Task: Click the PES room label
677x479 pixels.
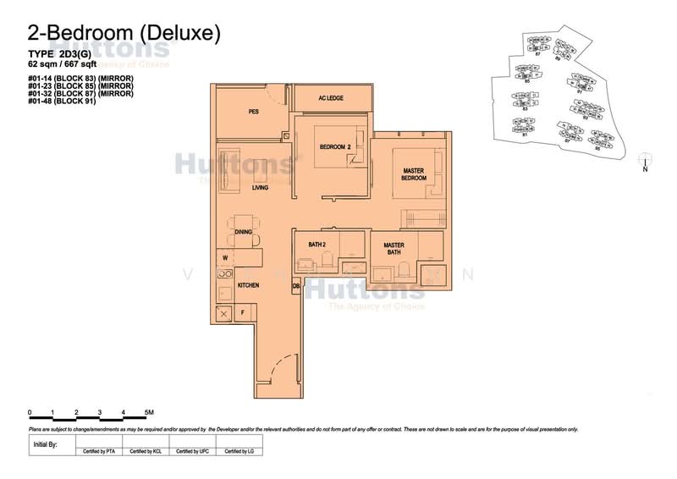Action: pos(253,111)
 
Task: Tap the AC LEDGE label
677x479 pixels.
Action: pos(329,98)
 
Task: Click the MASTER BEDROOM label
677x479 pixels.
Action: pos(412,174)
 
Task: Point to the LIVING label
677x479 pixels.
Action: pos(260,187)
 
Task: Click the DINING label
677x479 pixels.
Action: pos(244,231)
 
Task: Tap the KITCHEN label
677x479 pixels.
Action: pos(248,286)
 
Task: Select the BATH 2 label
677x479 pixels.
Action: pos(317,245)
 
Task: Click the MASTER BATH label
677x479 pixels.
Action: pos(394,249)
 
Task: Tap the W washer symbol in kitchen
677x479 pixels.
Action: pos(226,256)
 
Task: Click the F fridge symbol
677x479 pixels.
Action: pos(244,313)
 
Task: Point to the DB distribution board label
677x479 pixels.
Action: pos(296,287)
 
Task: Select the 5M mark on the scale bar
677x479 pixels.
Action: pos(148,413)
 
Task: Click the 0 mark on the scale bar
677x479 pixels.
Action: pos(30,413)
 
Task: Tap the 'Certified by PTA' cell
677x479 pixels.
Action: pos(99,452)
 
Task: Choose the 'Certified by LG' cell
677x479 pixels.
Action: pos(239,452)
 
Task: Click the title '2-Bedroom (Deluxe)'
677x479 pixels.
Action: pos(124,33)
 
